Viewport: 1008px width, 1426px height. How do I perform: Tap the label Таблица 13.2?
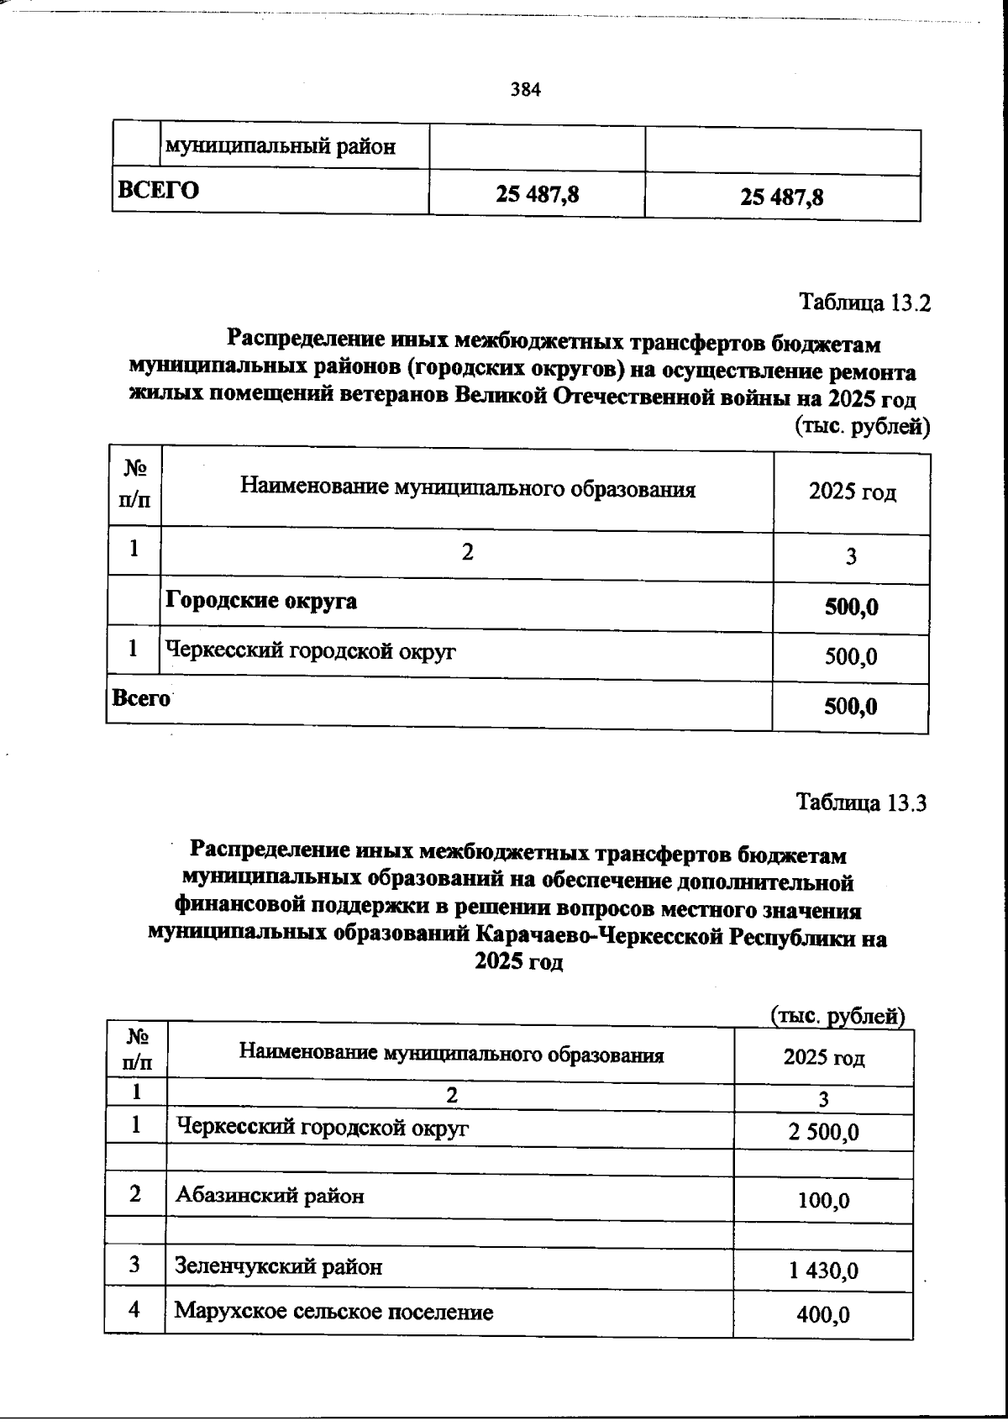864,303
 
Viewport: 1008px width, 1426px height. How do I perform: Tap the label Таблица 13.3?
861,803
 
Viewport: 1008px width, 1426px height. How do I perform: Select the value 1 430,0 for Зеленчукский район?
823,1271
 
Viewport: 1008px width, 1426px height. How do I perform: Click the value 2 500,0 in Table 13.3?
823,1133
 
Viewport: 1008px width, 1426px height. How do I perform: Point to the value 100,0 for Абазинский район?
823,1201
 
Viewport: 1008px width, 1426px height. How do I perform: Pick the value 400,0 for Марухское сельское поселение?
823,1314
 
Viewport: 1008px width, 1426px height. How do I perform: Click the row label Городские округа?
260,602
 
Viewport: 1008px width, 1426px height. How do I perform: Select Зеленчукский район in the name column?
278,1266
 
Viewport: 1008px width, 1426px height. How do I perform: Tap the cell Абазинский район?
270,1196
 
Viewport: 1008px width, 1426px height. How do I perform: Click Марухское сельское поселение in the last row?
333,1312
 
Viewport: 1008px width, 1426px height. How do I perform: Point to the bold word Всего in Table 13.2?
140,698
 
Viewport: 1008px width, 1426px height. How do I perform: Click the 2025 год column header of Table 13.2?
852,492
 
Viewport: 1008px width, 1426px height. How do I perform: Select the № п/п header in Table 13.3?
137,1050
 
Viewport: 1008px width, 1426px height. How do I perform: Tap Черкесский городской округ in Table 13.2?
310,650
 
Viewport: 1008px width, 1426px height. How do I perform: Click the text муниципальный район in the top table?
281,148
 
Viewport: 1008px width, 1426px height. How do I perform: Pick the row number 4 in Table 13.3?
135,1310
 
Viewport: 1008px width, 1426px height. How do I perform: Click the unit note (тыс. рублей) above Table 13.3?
837,1017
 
